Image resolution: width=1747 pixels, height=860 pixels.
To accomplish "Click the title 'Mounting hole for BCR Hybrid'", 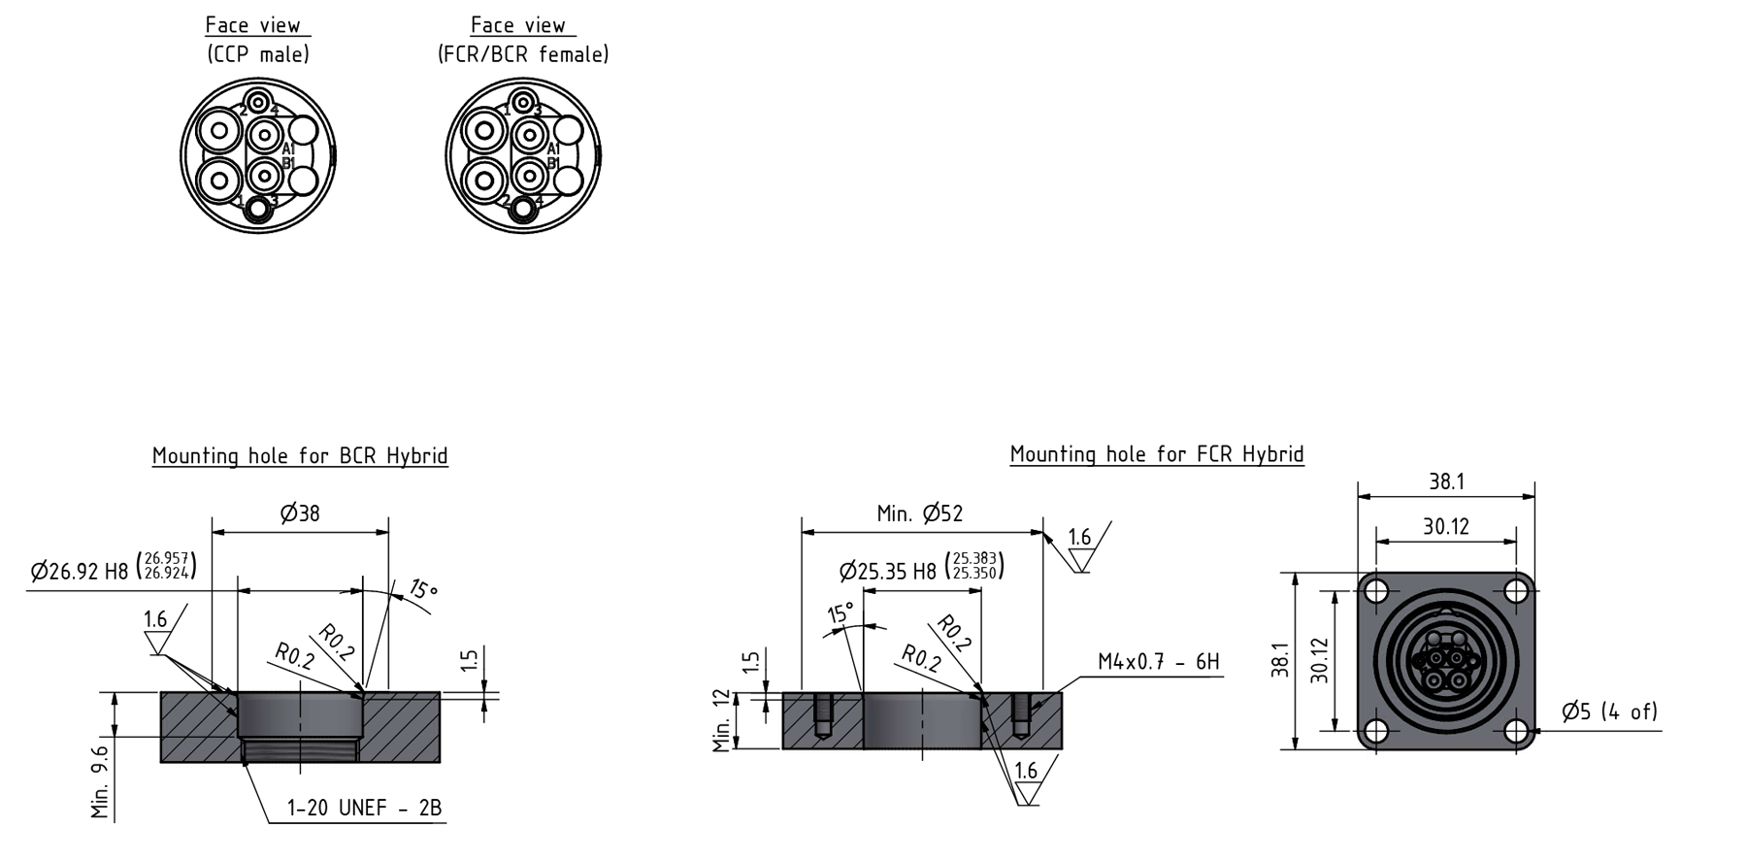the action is [300, 456].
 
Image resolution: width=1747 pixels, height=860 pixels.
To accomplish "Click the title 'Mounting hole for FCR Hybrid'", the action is [1157, 454].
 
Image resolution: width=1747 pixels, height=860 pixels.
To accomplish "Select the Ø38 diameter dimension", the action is [300, 513].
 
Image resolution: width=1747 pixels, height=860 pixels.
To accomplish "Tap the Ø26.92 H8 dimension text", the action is [114, 569].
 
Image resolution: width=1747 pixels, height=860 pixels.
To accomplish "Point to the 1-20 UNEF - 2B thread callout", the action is [364, 808].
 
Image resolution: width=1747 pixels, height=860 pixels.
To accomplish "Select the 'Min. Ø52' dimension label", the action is [920, 513].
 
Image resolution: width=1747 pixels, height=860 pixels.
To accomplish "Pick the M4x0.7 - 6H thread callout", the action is [1159, 662].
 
